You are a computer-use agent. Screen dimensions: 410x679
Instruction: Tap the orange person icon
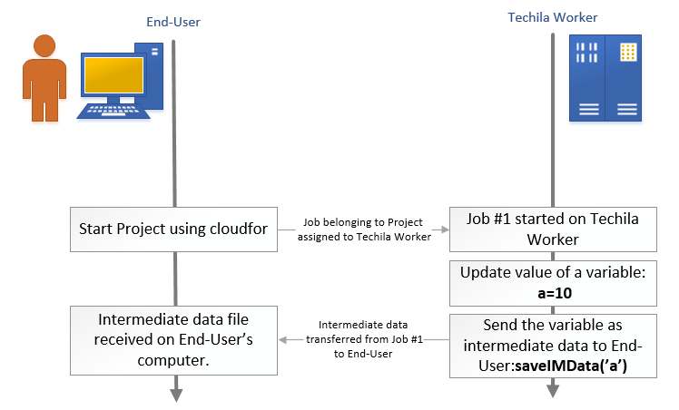[x=39, y=77]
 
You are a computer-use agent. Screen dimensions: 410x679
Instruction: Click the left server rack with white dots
[x=588, y=78]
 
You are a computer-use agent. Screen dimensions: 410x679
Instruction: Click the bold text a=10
[x=552, y=293]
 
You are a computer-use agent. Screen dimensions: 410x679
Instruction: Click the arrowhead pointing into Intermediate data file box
[x=283, y=340]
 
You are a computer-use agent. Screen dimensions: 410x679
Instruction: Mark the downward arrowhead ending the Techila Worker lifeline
[x=551, y=391]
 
